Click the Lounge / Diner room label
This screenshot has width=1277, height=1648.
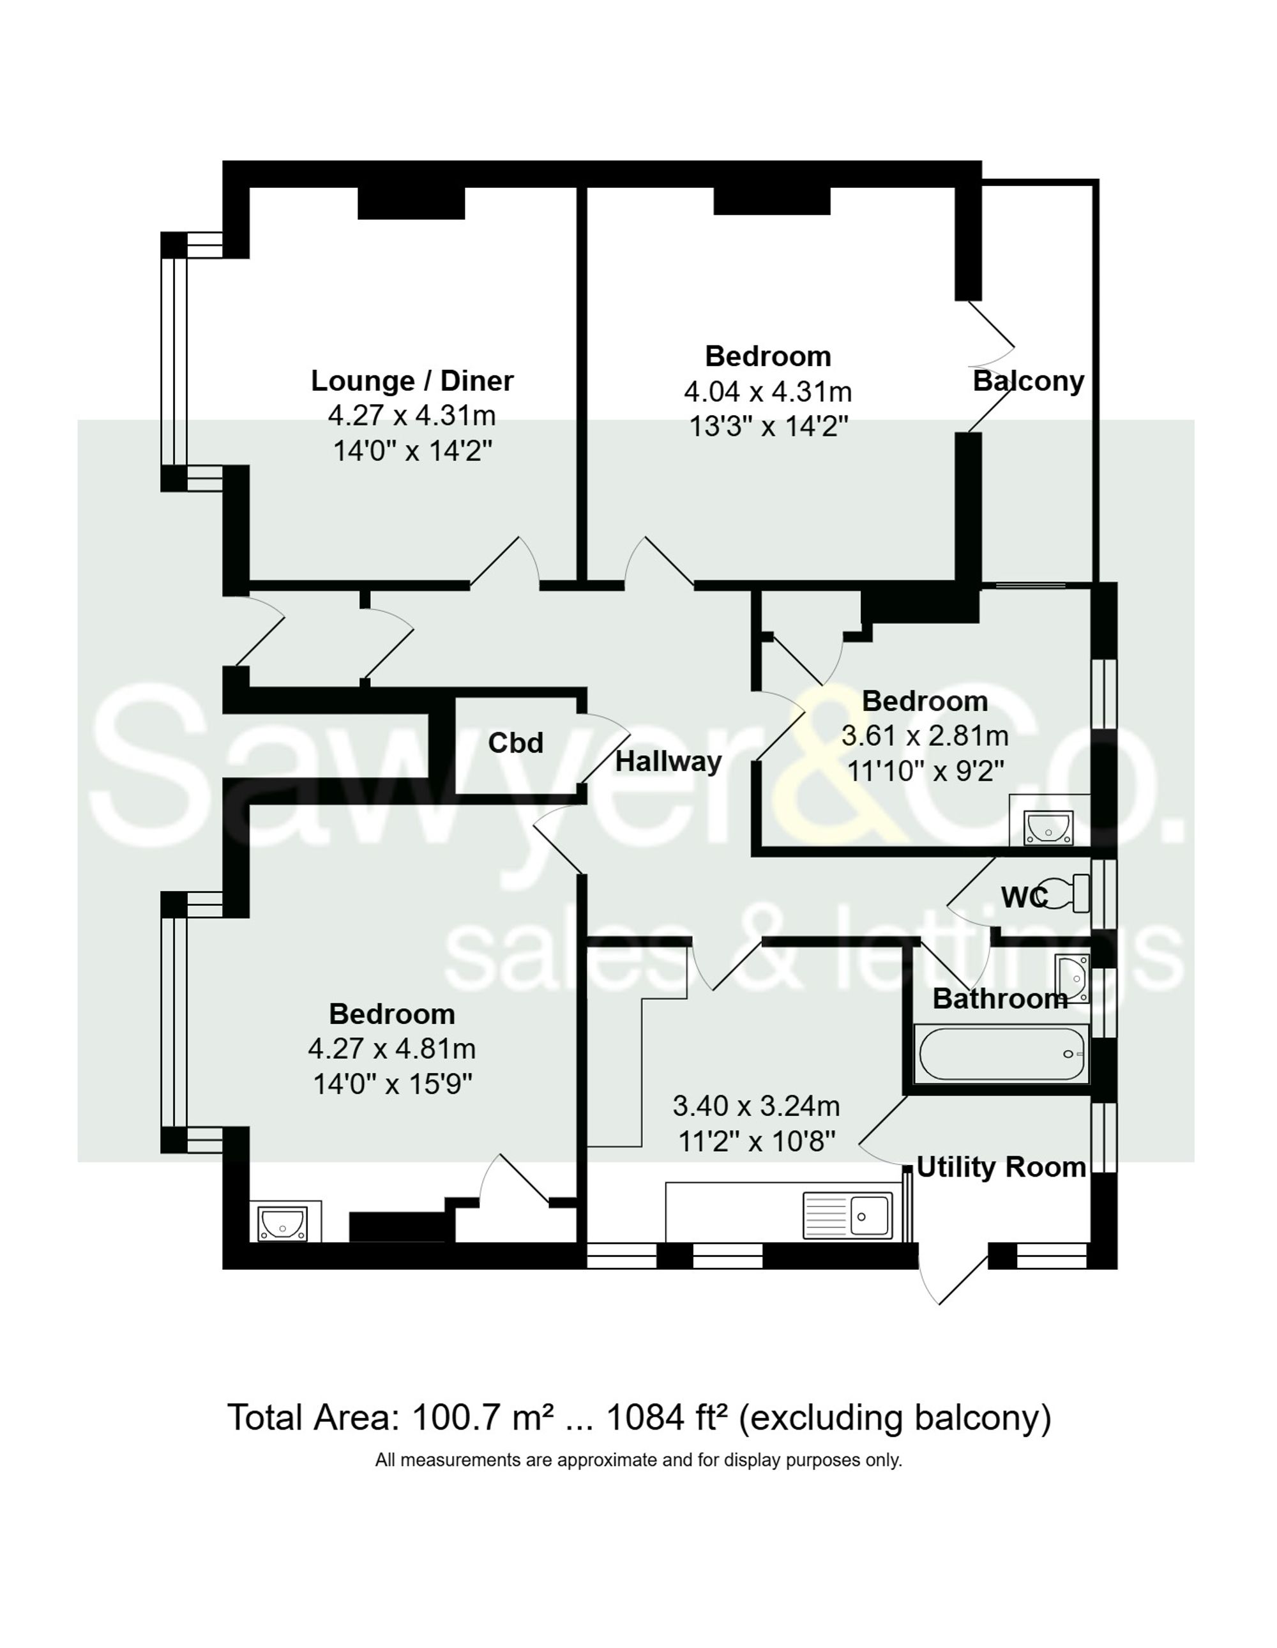(412, 381)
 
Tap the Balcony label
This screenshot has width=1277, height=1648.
(1028, 381)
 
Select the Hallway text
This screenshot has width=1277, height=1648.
(669, 761)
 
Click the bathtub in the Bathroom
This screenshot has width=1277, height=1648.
(1001, 1053)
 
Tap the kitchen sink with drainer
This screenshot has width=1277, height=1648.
(847, 1216)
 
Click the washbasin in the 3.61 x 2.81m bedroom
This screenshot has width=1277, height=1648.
(1048, 828)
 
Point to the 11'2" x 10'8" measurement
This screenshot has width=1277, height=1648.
(757, 1141)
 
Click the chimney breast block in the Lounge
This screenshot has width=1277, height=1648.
(411, 204)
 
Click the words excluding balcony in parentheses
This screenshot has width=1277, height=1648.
(895, 1418)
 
